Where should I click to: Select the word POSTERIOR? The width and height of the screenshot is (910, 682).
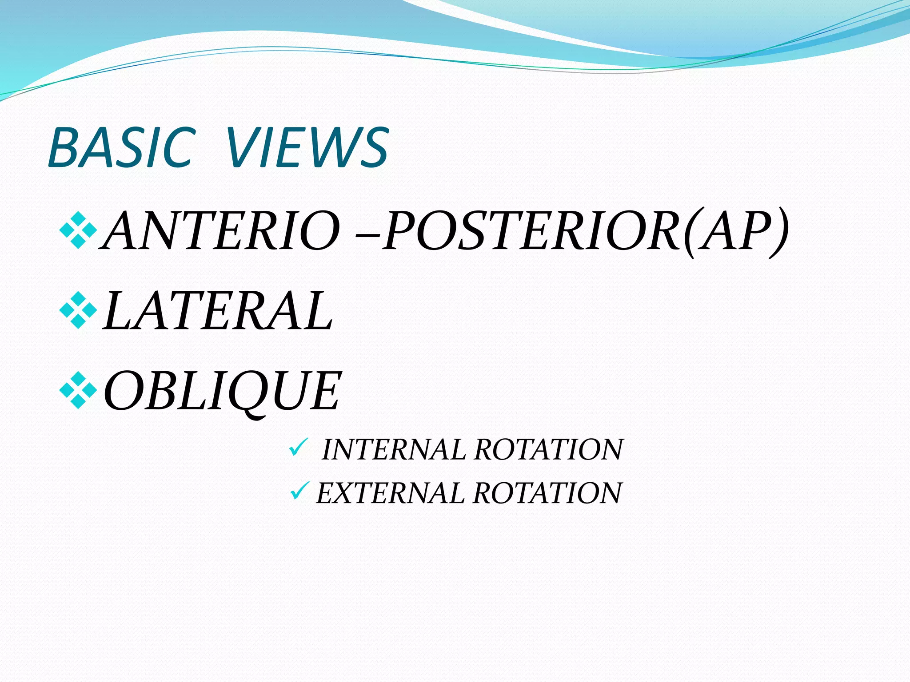coord(531,231)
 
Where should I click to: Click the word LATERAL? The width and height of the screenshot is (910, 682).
coord(218,311)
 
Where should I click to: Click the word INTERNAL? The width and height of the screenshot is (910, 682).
coord(393,449)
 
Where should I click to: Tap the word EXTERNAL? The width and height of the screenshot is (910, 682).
coord(390,493)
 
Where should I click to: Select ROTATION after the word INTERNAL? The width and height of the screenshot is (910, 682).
coord(549,449)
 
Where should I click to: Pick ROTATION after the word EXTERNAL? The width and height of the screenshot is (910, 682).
coord(547,493)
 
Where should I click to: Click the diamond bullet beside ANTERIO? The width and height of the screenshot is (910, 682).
coord(78,230)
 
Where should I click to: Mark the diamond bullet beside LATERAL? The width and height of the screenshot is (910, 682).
coord(78,310)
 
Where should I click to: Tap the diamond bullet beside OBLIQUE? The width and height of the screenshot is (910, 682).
coord(78,390)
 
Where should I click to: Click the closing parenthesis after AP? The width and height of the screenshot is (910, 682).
coord(780,233)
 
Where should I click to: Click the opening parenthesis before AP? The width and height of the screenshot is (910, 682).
coord(689,233)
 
